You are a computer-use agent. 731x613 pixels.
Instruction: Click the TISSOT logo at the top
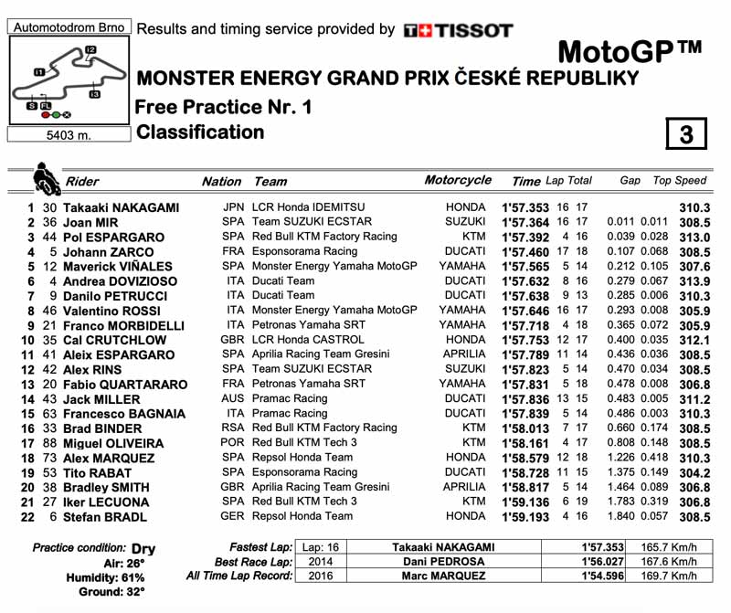point(458,30)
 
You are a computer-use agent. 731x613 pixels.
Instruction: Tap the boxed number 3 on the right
point(686,135)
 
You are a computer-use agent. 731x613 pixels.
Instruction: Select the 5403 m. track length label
point(67,136)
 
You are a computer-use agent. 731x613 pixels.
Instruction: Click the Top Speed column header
point(680,181)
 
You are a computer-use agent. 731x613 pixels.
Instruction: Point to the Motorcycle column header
point(458,181)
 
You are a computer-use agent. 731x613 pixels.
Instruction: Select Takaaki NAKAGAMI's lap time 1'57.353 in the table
point(525,207)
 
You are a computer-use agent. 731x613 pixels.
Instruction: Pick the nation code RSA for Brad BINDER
point(234,428)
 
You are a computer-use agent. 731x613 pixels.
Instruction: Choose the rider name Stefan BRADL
point(105,517)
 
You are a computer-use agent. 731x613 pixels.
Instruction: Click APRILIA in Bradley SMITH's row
point(463,487)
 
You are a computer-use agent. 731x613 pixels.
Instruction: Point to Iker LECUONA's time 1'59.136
point(525,502)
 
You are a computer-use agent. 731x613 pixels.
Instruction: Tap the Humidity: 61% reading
point(109,576)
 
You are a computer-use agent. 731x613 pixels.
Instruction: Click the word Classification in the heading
point(200,132)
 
